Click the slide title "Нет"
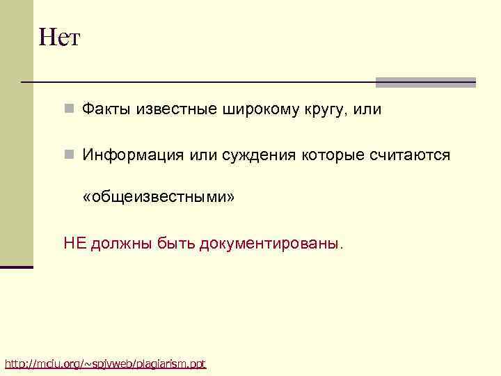(60, 36)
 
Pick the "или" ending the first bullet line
(367, 109)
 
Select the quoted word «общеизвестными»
(159, 198)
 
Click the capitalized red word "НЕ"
(74, 243)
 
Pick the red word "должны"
(119, 244)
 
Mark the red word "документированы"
(270, 244)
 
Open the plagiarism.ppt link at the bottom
(105, 363)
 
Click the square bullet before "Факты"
(69, 109)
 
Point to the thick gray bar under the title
(425, 82)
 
